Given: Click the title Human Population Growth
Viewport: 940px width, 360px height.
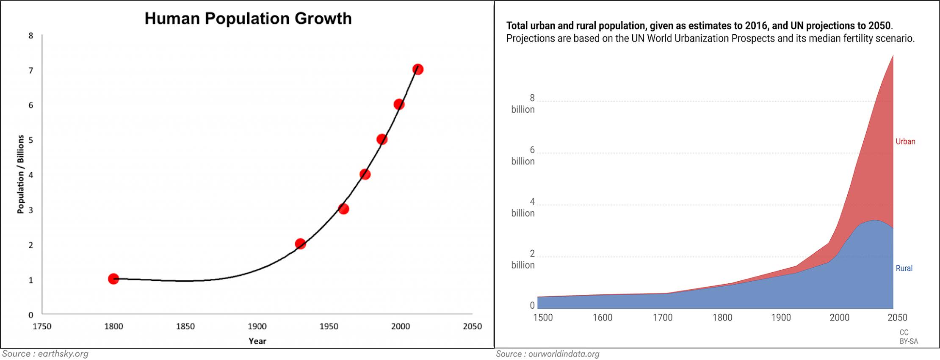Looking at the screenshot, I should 248,19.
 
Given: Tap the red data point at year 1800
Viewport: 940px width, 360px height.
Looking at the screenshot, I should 113,279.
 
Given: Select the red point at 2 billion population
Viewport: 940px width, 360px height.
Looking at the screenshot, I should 300,244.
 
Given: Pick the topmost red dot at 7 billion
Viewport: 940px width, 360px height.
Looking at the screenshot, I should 418,69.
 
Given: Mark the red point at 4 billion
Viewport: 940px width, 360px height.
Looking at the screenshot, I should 365,174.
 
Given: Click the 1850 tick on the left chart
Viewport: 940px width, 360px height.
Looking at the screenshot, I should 185,327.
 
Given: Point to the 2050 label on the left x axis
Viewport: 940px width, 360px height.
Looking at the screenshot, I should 472,327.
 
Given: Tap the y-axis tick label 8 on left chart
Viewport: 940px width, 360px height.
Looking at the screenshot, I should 30,36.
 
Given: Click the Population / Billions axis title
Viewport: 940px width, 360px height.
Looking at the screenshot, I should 20,174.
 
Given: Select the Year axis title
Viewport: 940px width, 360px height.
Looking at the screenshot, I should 257,341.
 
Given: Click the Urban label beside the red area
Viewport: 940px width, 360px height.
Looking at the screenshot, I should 905,141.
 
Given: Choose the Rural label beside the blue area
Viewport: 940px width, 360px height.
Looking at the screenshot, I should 904,268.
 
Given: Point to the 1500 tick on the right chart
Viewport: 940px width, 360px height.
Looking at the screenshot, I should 543,318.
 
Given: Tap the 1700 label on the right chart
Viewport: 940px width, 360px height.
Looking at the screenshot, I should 663,318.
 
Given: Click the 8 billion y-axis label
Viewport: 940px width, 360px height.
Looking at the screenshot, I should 523,104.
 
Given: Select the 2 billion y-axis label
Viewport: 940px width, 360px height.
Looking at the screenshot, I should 523,260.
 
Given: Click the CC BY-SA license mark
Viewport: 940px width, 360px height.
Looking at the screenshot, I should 909,337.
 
